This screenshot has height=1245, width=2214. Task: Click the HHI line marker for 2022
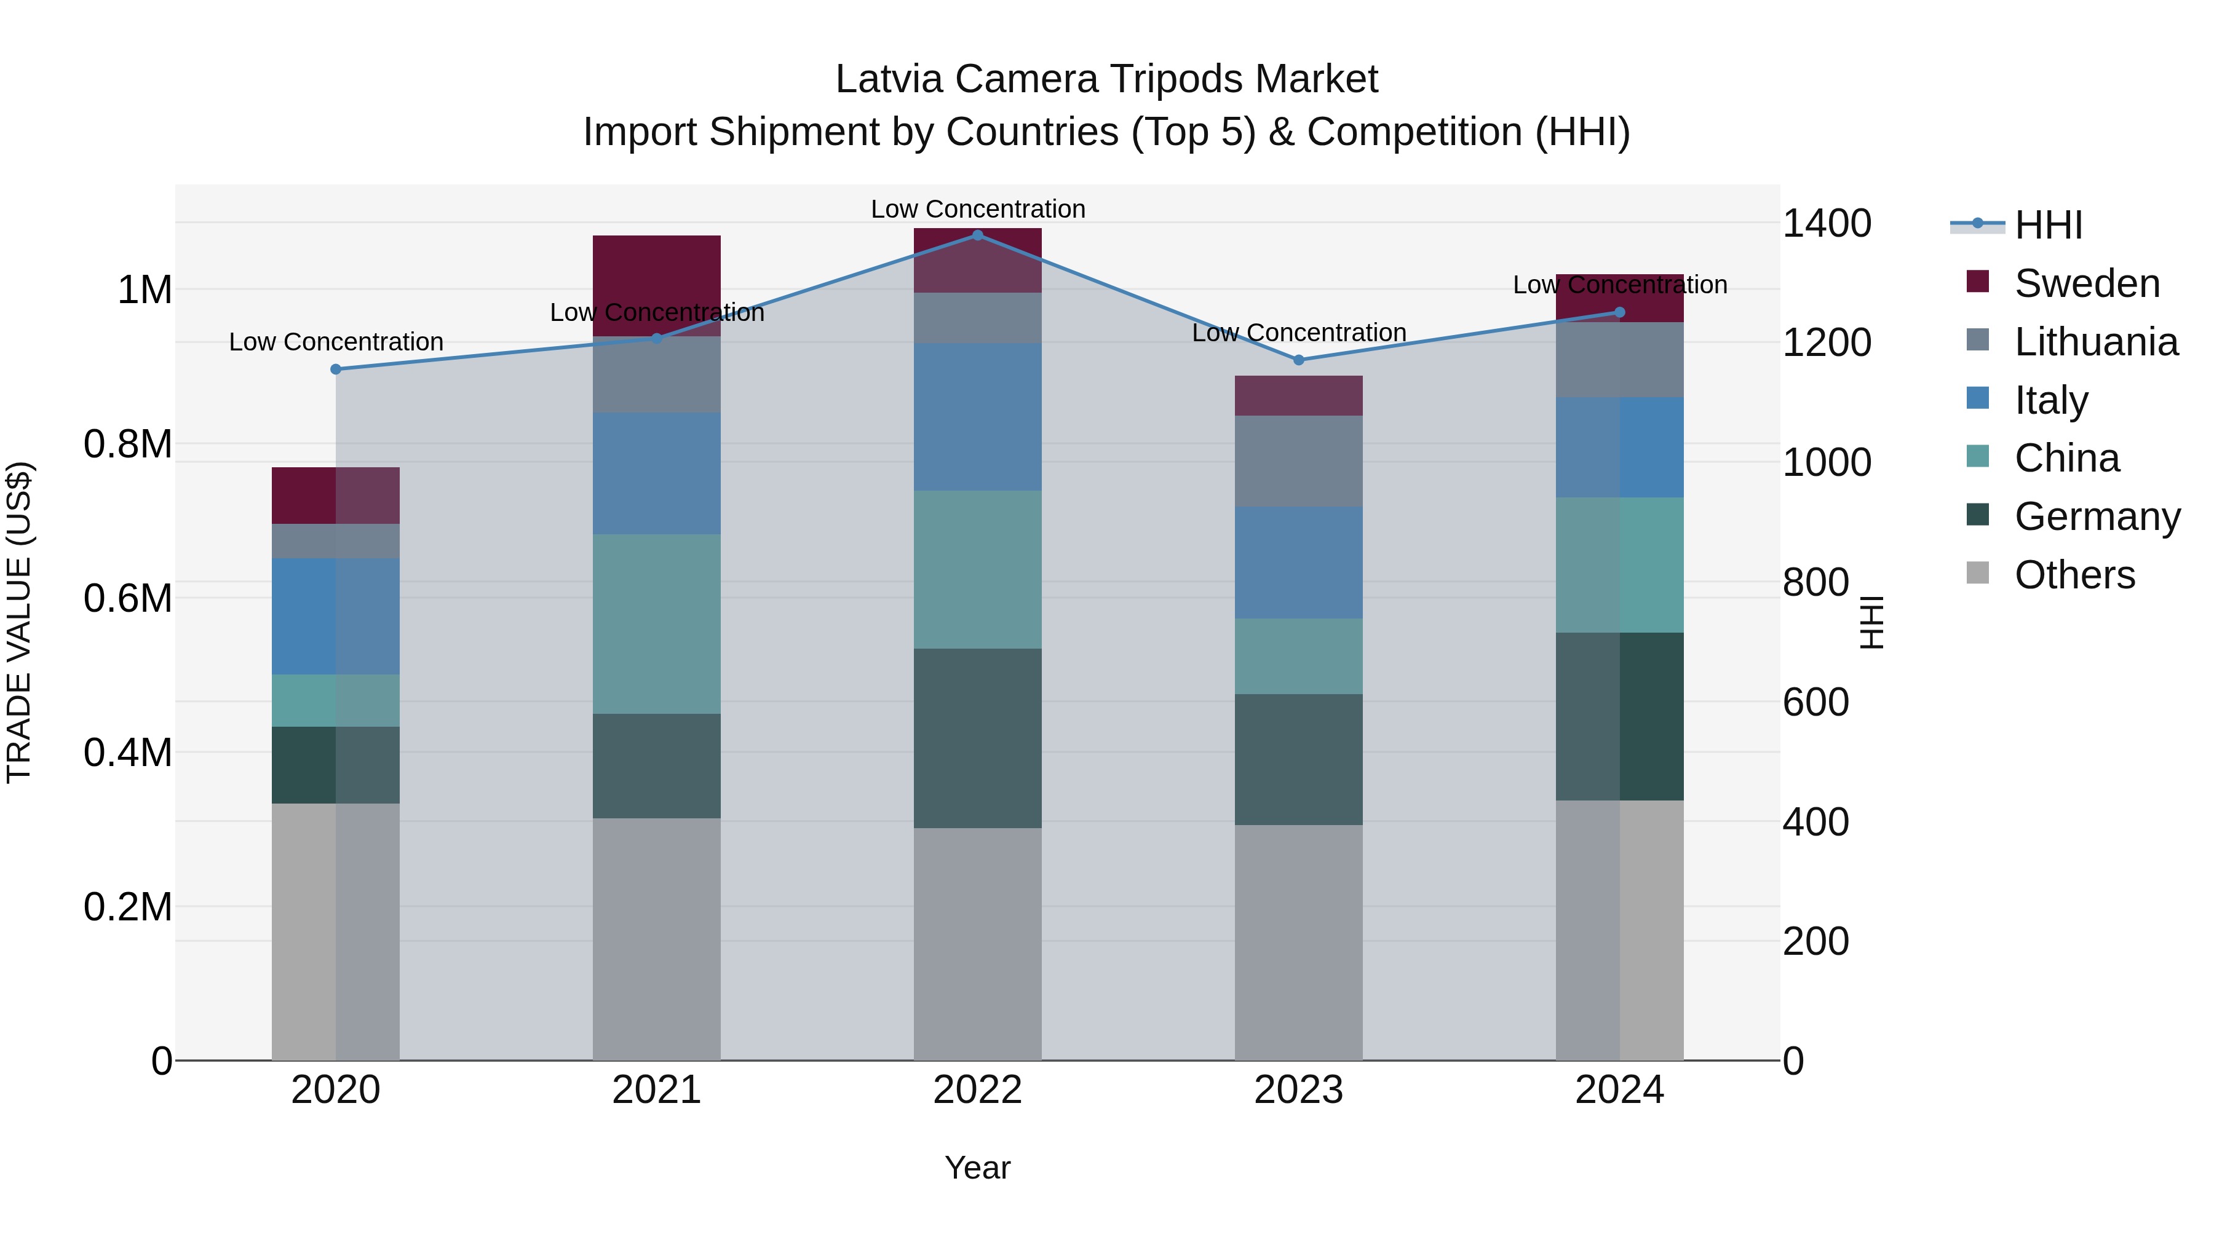coord(977,235)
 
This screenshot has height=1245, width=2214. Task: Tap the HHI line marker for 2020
coord(336,370)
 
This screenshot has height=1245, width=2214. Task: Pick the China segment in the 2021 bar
coord(657,624)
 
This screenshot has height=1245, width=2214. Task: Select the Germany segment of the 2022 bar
coord(977,738)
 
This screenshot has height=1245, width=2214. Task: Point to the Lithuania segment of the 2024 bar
coord(1619,359)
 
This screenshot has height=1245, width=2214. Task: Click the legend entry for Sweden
coord(2086,283)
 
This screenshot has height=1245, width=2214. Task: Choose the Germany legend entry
coord(2097,516)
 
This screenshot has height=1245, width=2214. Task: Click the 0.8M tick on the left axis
coord(127,445)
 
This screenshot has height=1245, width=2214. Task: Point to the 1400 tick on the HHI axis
coord(1827,223)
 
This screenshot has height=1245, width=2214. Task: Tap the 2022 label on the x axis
coord(977,1089)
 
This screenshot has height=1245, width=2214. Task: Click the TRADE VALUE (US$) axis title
coord(19,622)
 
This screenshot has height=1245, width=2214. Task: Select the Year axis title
coord(977,1168)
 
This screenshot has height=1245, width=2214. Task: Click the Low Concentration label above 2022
coord(977,209)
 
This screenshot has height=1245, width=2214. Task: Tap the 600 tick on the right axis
coord(1815,702)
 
